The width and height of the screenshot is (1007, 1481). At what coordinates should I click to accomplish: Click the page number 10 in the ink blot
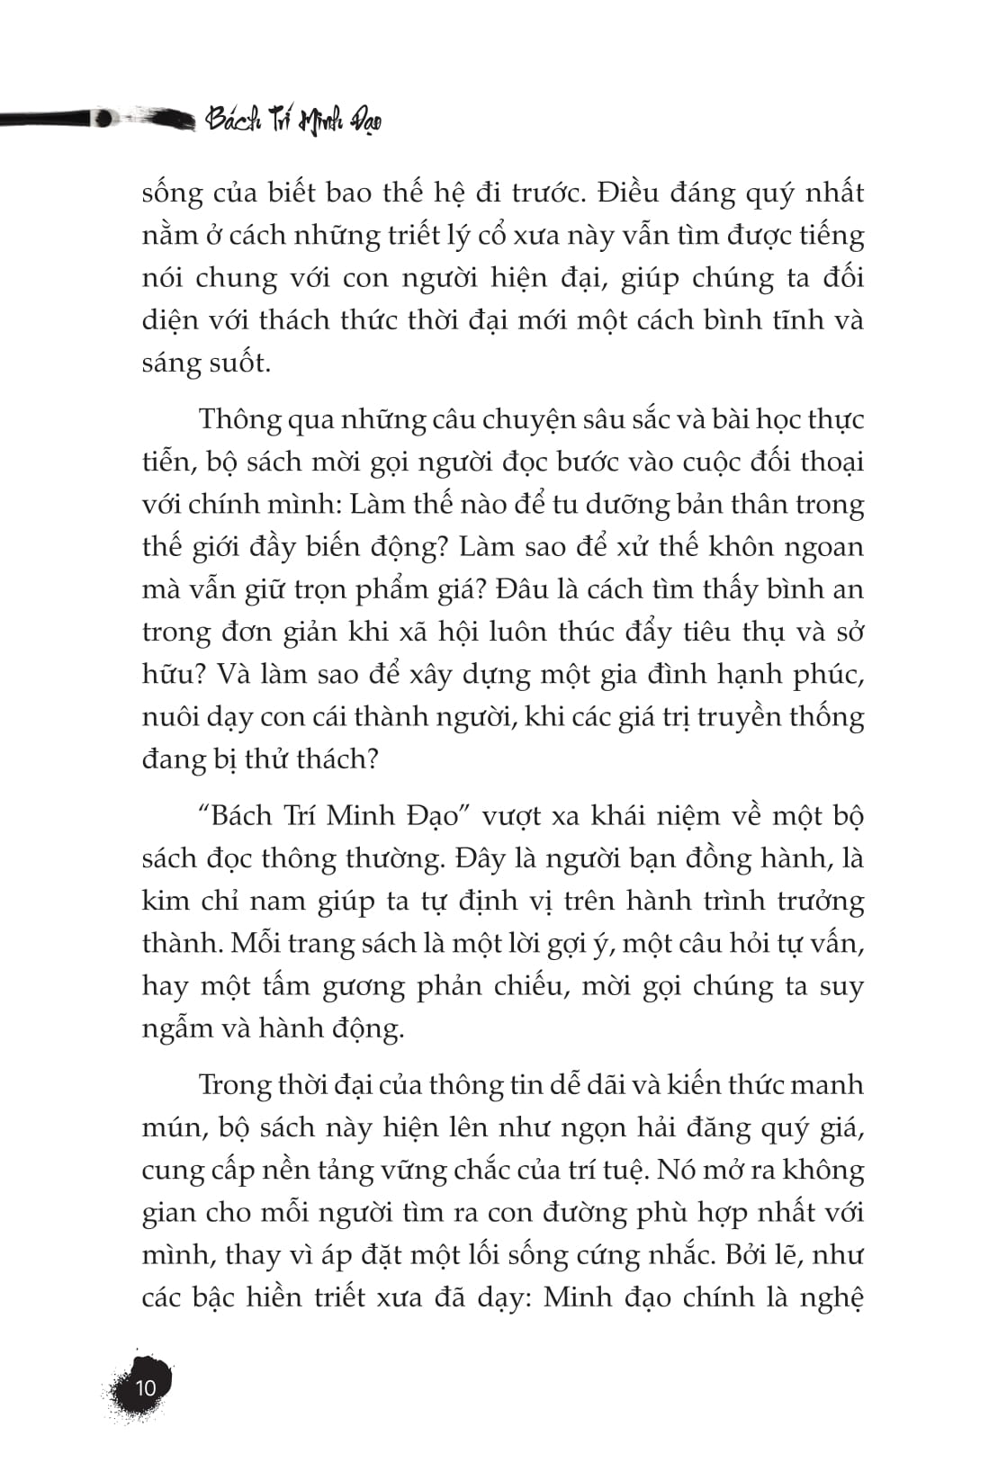click(x=145, y=1387)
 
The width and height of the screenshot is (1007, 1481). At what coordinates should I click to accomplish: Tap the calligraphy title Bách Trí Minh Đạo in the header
click(x=293, y=120)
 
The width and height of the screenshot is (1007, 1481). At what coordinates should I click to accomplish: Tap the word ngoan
click(x=816, y=547)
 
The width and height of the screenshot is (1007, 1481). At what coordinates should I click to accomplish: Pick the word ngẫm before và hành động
click(x=177, y=1028)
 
